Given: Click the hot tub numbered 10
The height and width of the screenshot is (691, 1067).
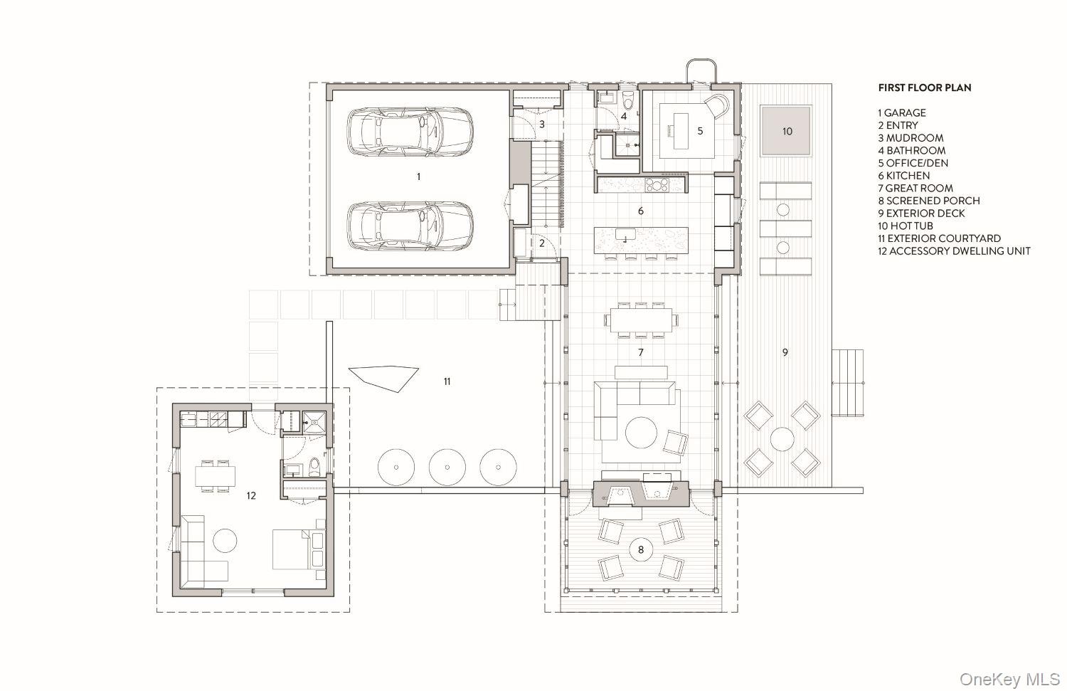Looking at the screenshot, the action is (786, 131).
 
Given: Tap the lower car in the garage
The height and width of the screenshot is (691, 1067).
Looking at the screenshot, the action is (410, 226).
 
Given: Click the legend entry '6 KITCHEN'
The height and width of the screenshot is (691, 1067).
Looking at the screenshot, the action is (903, 175).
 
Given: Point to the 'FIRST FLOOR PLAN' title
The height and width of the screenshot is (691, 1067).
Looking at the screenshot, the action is (925, 88).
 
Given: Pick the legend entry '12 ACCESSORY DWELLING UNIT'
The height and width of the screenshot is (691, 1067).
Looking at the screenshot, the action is (954, 250).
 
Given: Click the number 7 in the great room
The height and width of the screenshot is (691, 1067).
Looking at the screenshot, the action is (641, 352).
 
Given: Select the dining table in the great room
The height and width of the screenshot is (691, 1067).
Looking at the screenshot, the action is (642, 320).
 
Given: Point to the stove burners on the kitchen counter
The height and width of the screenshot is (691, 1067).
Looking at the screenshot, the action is (657, 184).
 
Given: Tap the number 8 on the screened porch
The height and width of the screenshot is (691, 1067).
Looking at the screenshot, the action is (641, 550).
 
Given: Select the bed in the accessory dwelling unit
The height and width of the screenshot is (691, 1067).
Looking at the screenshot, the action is (299, 549).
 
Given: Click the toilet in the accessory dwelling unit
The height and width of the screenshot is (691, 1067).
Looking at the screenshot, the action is (314, 467).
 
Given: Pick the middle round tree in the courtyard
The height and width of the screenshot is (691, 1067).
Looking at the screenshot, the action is (447, 467).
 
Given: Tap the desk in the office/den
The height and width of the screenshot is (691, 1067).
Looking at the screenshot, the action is (681, 130).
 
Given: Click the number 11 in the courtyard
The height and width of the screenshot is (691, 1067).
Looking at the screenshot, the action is (447, 381).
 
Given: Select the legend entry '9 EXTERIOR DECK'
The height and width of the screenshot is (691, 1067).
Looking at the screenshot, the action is (921, 213).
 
